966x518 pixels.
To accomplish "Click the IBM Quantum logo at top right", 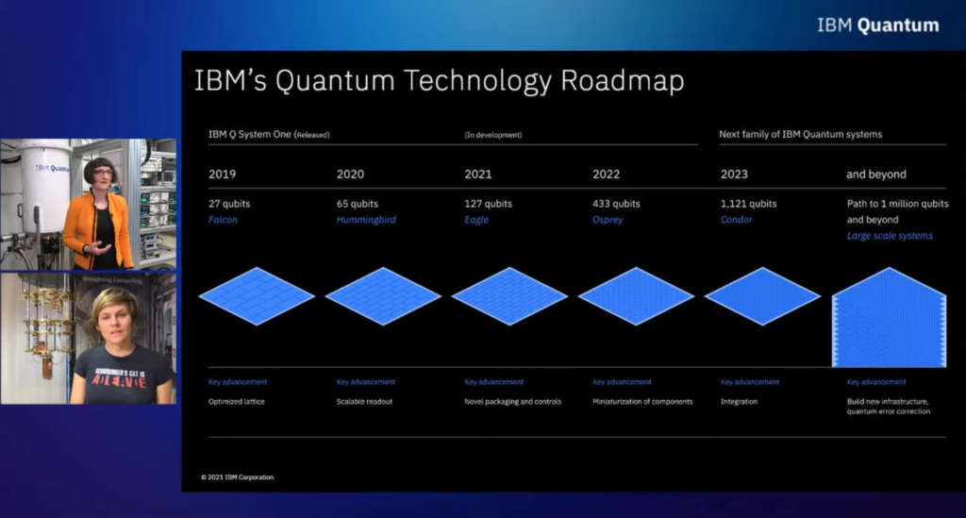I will click(877, 25).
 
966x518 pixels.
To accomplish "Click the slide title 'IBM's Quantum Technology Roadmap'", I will click(439, 81).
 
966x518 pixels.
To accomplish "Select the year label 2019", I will click(223, 174).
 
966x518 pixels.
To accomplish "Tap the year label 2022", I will click(607, 174).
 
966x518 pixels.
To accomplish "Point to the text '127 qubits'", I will click(488, 203).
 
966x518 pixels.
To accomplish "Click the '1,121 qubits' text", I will click(748, 203).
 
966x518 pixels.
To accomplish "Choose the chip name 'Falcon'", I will click(224, 220).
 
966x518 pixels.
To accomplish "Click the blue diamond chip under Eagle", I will click(509, 295).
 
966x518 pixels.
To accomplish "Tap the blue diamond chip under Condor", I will click(762, 295).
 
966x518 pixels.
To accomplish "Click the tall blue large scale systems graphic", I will click(890, 321).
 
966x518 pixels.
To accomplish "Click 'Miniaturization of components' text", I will click(642, 401).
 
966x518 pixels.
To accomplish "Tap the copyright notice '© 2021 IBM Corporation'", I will click(237, 477).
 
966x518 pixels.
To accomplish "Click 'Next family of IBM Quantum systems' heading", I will click(800, 134).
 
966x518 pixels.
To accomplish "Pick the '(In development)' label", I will click(492, 135).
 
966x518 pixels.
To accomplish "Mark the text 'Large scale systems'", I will click(890, 236).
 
